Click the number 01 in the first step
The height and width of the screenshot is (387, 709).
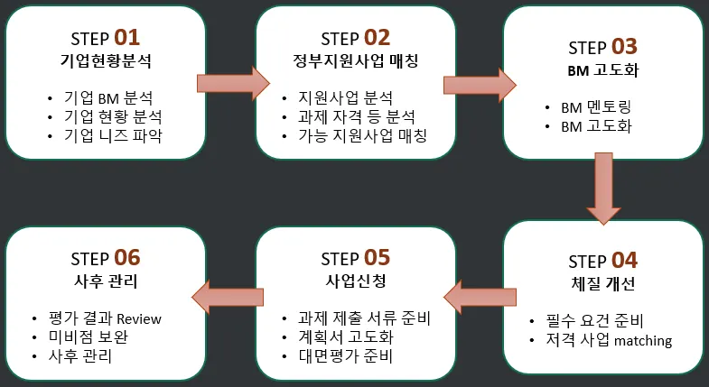point(127,38)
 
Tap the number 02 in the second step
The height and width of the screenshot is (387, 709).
point(377,38)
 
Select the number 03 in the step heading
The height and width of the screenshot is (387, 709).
point(624,47)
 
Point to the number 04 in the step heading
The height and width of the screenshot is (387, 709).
point(624,261)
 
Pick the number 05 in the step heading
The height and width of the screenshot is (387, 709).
point(377,257)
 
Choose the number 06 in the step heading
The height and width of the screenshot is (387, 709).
point(127,257)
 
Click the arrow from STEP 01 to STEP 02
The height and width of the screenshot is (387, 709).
point(232,84)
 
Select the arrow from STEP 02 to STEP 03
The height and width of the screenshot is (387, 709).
point(479,84)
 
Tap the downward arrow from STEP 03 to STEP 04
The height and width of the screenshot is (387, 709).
point(602,188)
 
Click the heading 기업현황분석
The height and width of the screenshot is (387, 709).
point(106,62)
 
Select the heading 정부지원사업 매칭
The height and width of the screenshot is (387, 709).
point(355,62)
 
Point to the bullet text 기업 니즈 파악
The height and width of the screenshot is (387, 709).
point(114,136)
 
